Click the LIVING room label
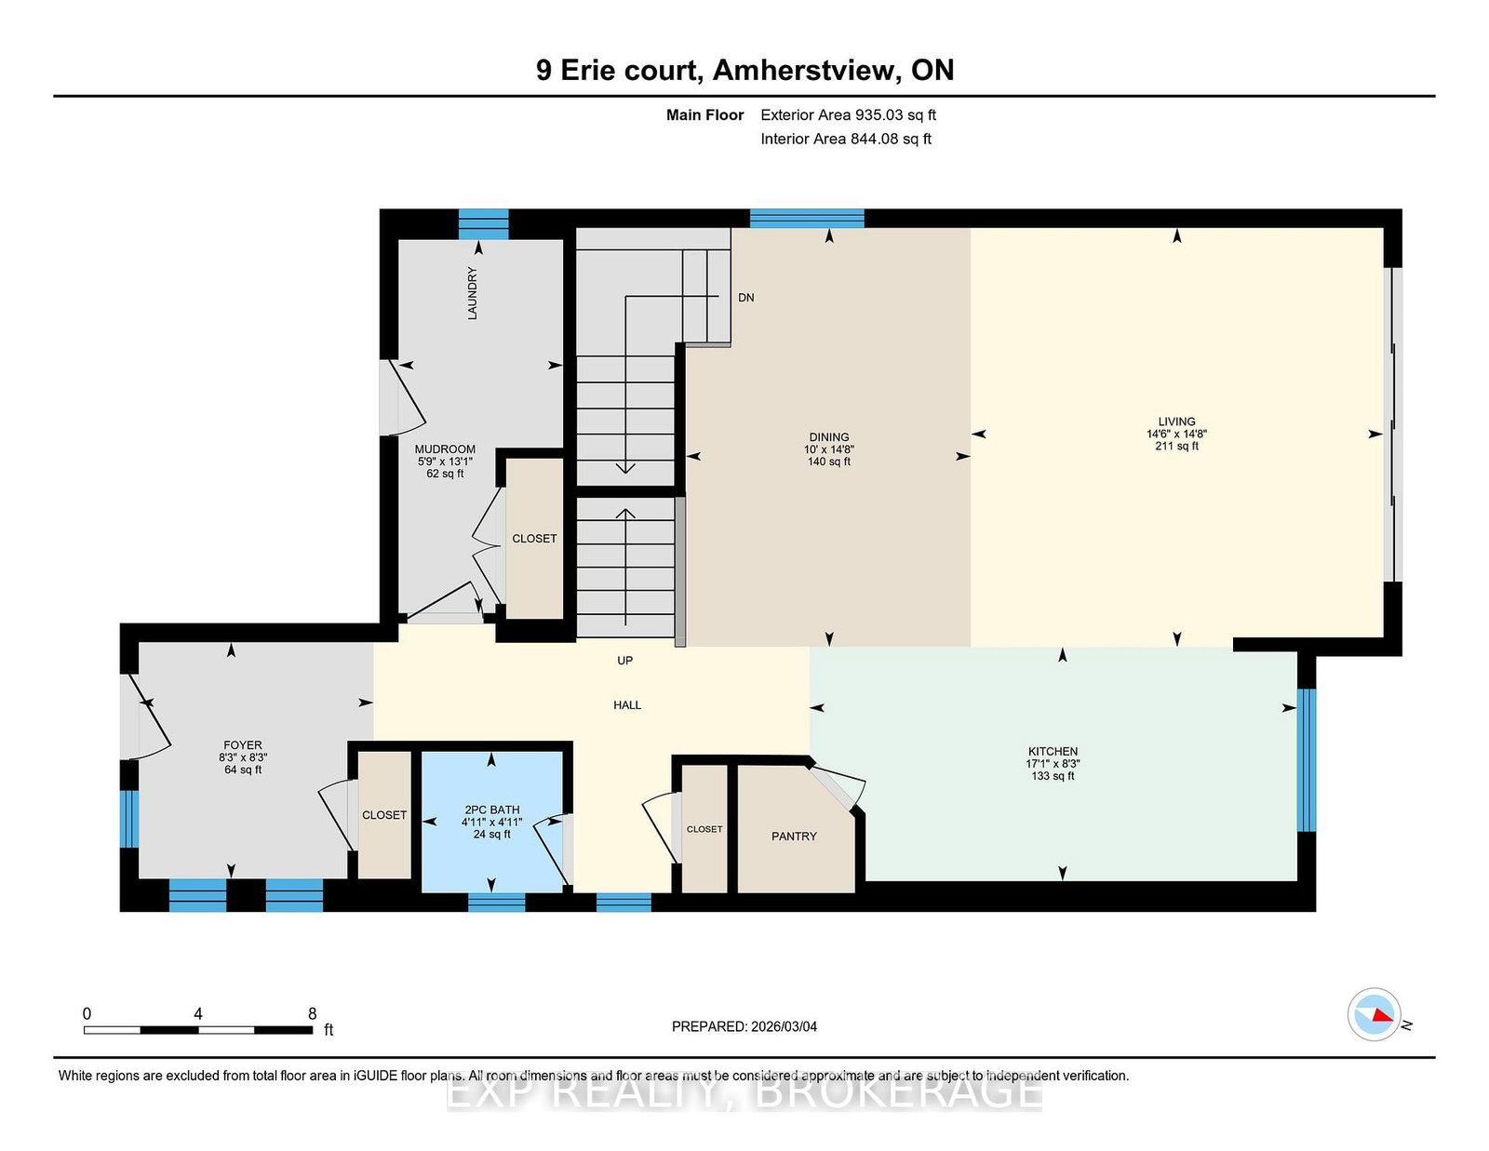point(1176,422)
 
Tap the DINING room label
point(828,437)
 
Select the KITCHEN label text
point(1053,751)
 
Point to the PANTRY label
point(794,836)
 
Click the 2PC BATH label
point(491,810)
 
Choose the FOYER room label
point(242,745)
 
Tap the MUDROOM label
point(445,449)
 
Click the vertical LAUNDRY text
point(472,293)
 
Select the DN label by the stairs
point(745,298)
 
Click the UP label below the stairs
point(624,661)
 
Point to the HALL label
point(627,705)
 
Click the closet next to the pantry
point(704,829)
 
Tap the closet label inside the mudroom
point(534,539)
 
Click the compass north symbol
point(1375,1015)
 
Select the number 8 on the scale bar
point(312,1014)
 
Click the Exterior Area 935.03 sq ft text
point(848,115)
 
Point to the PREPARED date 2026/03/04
point(744,1026)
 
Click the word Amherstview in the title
point(806,71)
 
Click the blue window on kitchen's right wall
point(1307,759)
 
